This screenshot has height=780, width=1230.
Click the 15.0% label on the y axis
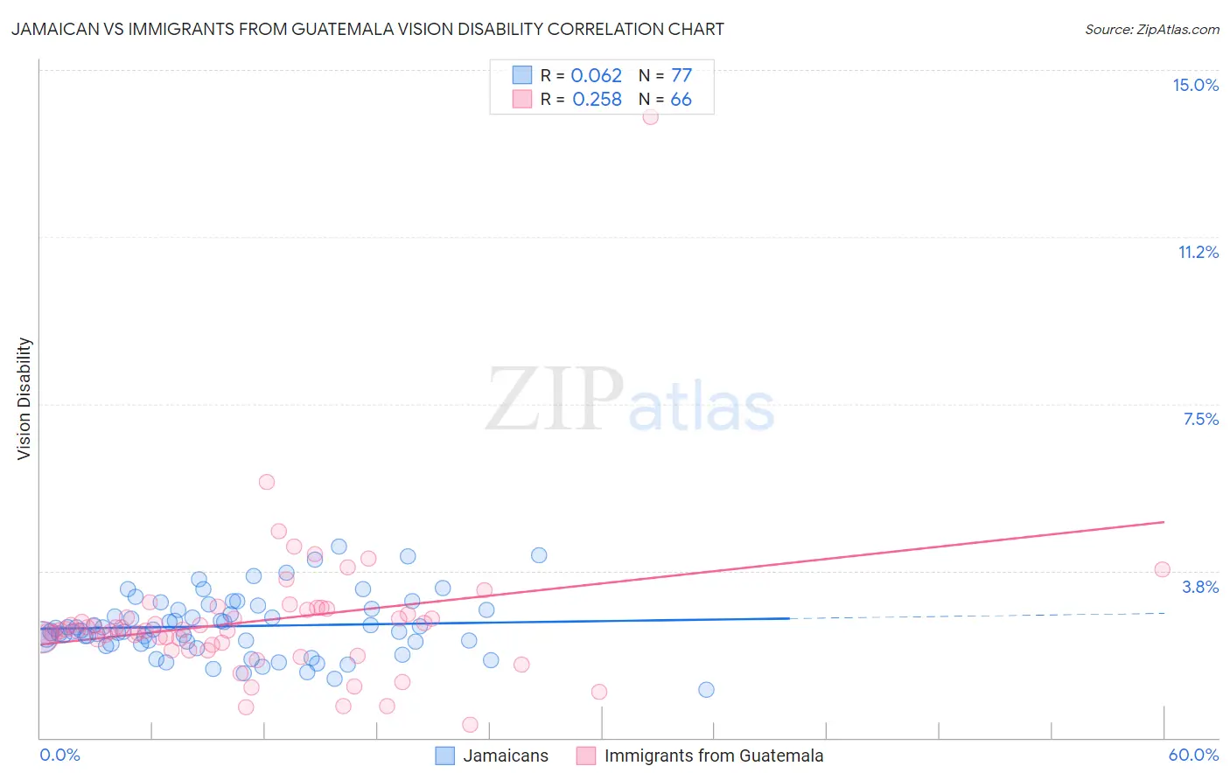[x=1195, y=85]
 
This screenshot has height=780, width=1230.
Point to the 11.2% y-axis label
[x=1198, y=252]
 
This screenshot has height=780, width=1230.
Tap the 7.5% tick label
[x=1200, y=419]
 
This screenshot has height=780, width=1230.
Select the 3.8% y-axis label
[x=1200, y=587]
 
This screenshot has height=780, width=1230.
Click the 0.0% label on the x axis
[x=59, y=755]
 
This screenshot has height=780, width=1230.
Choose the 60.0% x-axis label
[x=1193, y=755]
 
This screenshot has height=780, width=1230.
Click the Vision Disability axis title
[x=24, y=398]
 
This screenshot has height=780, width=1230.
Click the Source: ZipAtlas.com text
[x=1151, y=29]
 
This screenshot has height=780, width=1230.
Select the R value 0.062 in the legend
[x=596, y=75]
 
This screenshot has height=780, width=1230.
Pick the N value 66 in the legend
[x=681, y=99]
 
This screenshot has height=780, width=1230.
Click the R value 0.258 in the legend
[x=597, y=99]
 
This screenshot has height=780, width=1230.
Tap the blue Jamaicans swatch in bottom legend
[x=445, y=756]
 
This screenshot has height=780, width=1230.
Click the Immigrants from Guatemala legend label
[x=714, y=756]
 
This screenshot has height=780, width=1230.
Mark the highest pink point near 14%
[x=650, y=116]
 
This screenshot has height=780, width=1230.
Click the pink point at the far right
[x=1162, y=569]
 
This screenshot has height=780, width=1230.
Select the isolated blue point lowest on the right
[x=706, y=690]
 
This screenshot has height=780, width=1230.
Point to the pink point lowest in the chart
[x=470, y=724]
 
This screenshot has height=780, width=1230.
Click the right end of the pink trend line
[x=1164, y=522]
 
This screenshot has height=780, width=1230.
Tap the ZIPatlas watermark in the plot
[x=630, y=400]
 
